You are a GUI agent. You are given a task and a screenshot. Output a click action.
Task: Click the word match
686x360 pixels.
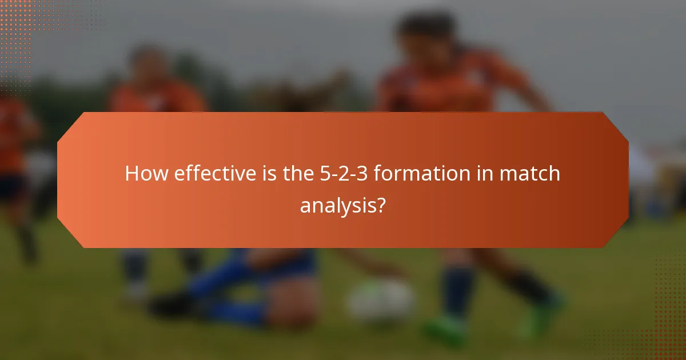[531, 174]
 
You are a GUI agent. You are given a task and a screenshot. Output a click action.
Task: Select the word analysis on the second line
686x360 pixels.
[337, 205]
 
